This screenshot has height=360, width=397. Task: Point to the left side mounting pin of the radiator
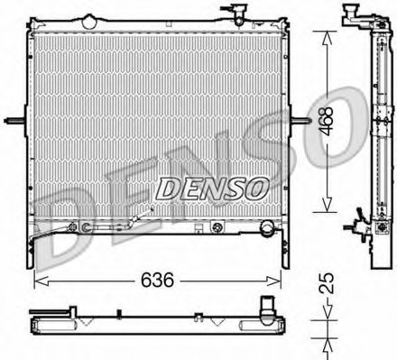pyautogui.click(x=15, y=122)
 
